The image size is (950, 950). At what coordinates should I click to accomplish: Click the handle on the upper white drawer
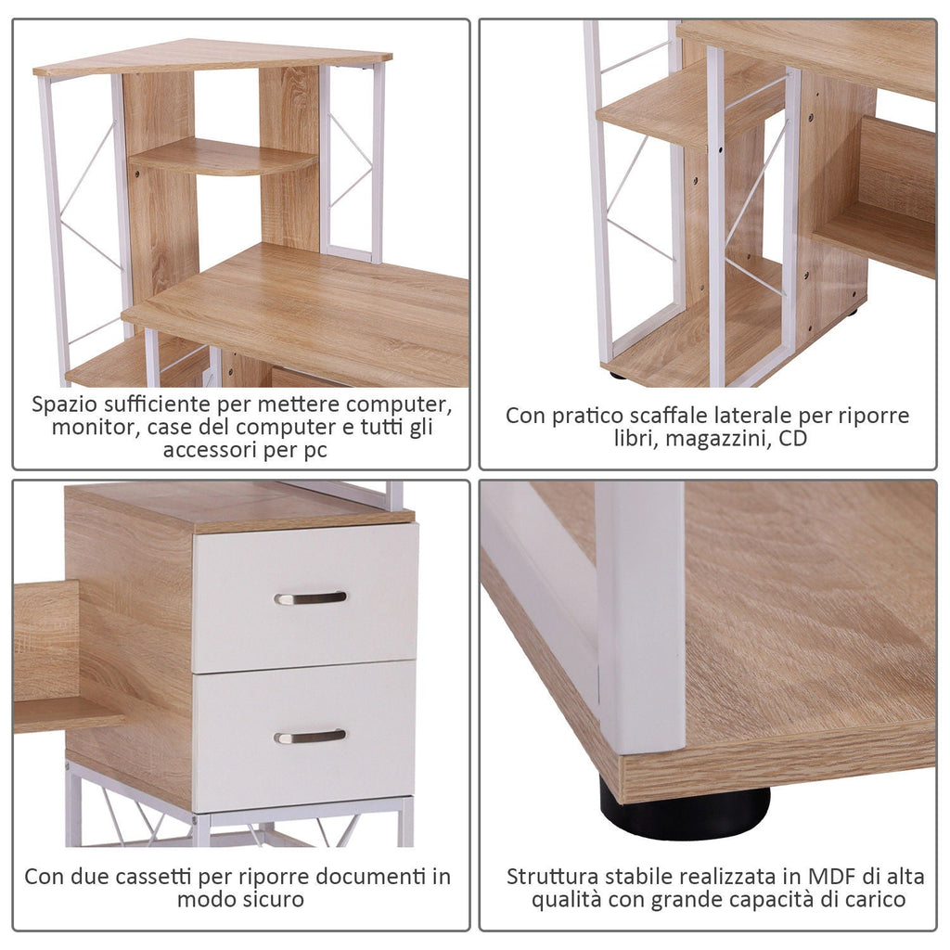click(x=310, y=598)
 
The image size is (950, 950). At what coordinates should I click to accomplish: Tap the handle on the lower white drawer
click(x=310, y=736)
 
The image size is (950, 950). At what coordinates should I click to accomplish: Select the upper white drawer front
click(x=304, y=598)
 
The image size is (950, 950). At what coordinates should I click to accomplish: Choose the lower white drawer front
click(x=303, y=736)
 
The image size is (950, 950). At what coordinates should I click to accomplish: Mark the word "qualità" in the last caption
click(x=567, y=900)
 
